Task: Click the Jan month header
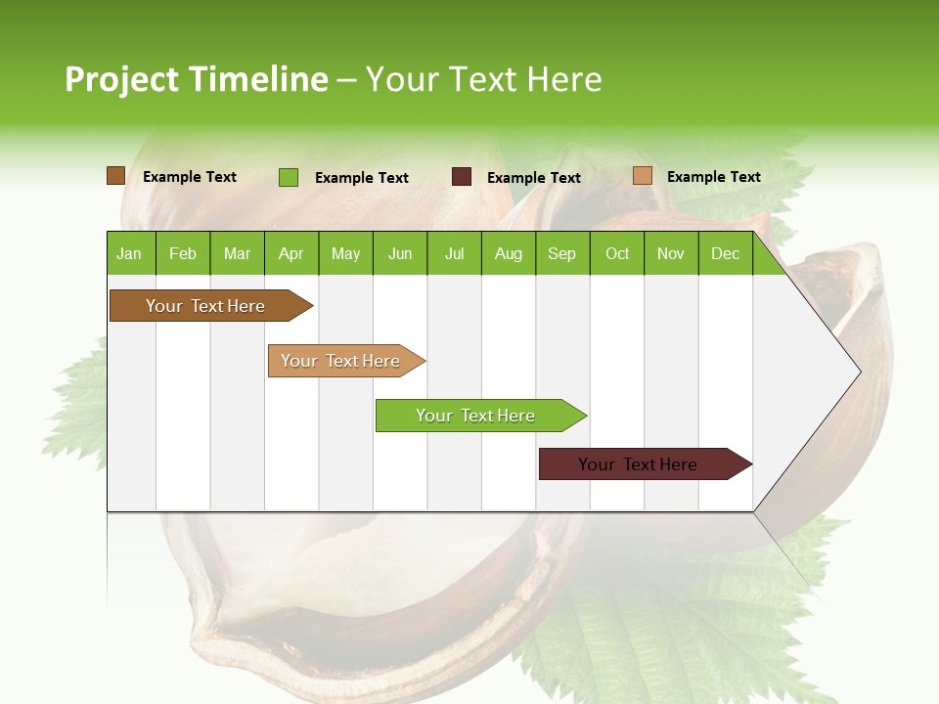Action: (129, 253)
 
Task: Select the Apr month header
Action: (291, 253)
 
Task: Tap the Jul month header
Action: (454, 253)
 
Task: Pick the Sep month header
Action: (561, 253)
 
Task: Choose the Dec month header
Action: (725, 253)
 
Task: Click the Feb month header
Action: (183, 253)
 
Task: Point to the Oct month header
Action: (617, 253)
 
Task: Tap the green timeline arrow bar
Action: (476, 416)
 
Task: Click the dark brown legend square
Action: (115, 176)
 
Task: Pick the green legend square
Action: (288, 177)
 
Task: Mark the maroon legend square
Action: (461, 177)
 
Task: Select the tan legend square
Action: (642, 176)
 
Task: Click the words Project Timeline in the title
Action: (196, 79)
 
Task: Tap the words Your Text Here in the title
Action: (483, 79)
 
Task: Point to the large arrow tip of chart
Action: (841, 372)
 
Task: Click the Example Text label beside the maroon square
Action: (533, 178)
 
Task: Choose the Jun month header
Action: (399, 253)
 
